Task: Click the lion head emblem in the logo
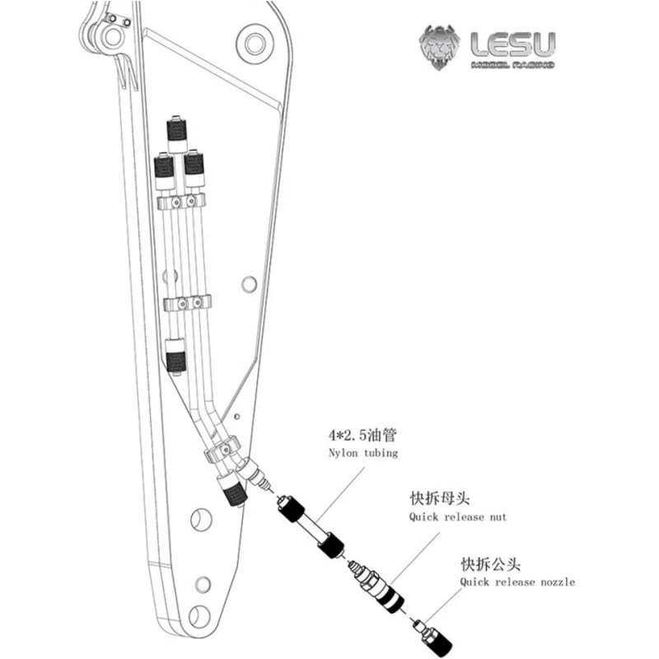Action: [440, 47]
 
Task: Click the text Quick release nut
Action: [458, 517]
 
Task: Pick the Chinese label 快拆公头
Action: [484, 563]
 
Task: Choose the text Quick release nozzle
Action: [516, 582]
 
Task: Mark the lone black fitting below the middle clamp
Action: [175, 358]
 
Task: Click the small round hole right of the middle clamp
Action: [246, 283]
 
